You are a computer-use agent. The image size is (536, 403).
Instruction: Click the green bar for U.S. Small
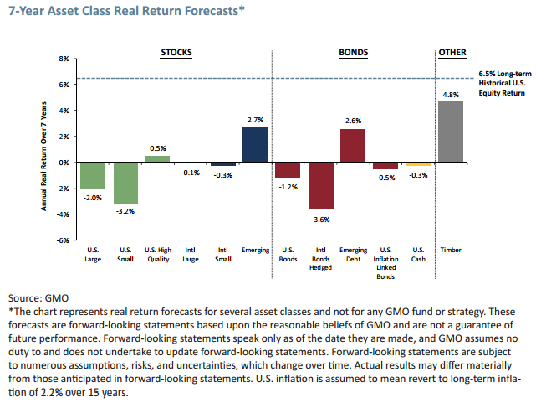pos(125,183)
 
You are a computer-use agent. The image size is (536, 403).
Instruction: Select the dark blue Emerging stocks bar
pos(255,144)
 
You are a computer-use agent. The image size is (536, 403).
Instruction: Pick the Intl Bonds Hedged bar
pos(320,185)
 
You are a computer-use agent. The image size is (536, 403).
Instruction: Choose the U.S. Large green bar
pos(92,175)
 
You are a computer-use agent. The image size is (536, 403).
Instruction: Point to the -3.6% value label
pos(320,219)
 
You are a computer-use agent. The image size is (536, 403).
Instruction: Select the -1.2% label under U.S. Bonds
pos(288,186)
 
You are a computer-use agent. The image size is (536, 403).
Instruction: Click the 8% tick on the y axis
pos(62,59)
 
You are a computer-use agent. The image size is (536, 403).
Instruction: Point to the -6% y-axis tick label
pos(61,240)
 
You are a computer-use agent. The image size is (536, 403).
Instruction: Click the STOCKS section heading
pos(176,52)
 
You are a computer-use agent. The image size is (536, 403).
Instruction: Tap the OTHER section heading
pos(452,52)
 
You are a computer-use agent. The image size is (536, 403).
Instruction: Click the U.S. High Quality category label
pos(157,254)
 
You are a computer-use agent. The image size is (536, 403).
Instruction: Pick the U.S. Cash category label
pos(418,254)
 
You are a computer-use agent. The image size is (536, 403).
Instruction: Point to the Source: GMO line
pos(38,297)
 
